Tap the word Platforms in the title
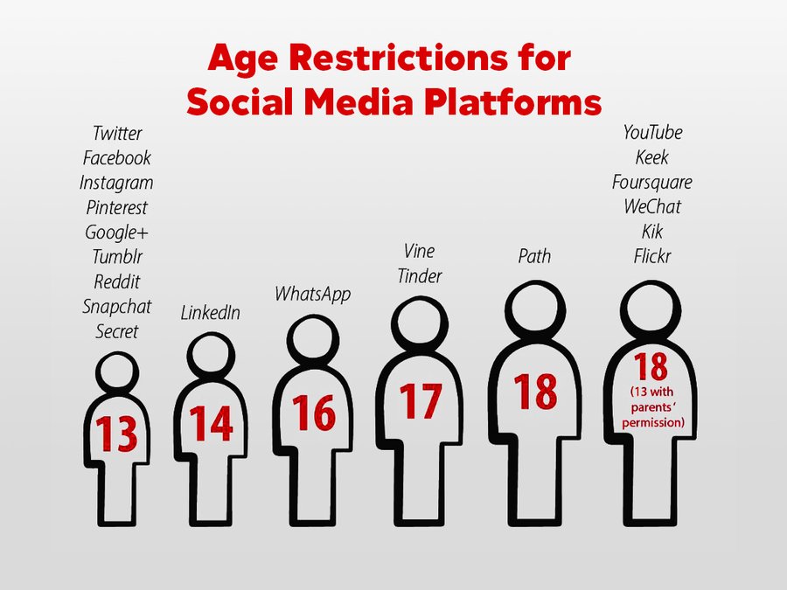[x=512, y=102]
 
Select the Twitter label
[x=117, y=134]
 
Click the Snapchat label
[x=116, y=307]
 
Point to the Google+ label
[x=116, y=233]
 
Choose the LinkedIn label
[x=210, y=313]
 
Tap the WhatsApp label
[x=312, y=294]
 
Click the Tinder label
[x=420, y=276]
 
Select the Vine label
[x=419, y=251]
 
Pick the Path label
[x=534, y=256]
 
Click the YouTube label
[x=652, y=133]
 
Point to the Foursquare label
[x=652, y=182]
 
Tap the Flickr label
[x=652, y=256]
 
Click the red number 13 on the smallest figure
[x=116, y=434]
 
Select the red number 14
[x=212, y=423]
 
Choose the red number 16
[x=314, y=413]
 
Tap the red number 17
[x=421, y=401]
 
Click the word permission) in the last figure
[x=653, y=422]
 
